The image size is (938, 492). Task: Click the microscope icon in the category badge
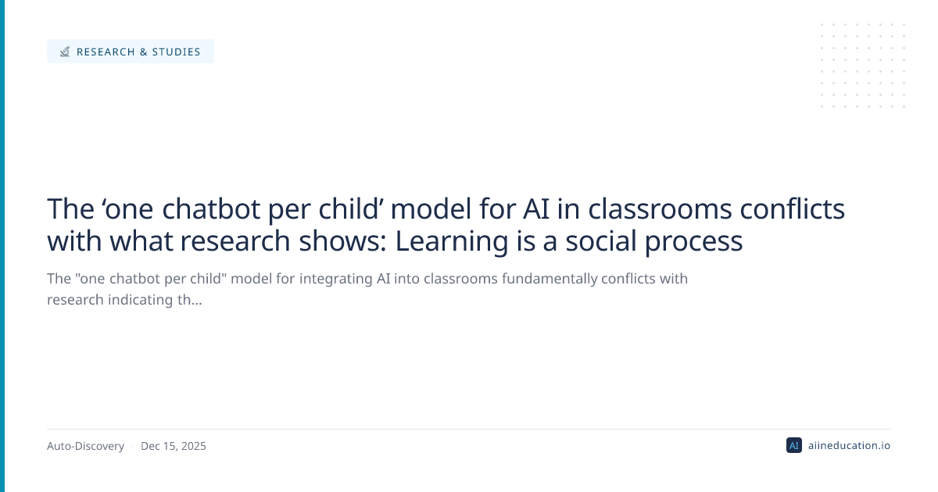coord(64,52)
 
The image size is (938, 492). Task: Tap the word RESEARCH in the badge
coord(106,52)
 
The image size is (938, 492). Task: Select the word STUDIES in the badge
coord(177,52)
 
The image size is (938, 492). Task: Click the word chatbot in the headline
coord(211,209)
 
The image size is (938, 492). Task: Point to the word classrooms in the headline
coord(660,209)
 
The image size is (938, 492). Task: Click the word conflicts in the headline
coord(793,209)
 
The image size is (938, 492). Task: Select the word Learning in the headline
coord(452,242)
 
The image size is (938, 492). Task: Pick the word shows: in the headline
coord(342,241)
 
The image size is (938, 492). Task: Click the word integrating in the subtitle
coord(336,279)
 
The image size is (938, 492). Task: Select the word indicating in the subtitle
coord(140,300)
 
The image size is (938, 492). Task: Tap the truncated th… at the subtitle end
coord(189,300)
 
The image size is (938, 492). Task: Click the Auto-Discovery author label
coord(85,446)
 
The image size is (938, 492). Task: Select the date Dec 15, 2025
coord(174,446)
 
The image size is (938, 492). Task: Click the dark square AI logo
coord(794,446)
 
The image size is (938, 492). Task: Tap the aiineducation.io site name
coord(849,446)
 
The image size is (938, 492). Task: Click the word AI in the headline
coord(535,209)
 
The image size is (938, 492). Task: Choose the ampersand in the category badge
coord(144,52)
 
